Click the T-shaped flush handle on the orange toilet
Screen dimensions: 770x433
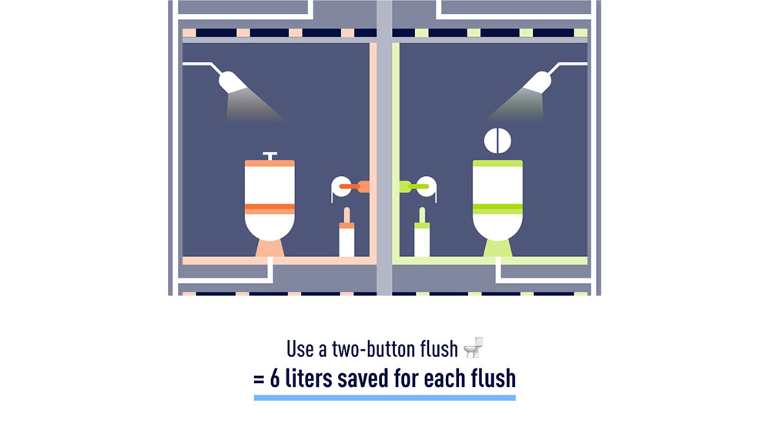point(269,156)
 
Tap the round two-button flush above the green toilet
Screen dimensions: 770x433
point(497,141)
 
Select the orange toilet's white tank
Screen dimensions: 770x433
point(269,185)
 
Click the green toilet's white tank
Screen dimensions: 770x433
point(497,185)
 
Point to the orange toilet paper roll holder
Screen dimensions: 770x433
point(350,188)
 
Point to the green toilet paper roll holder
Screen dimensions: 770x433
point(418,188)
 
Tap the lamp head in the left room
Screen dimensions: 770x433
point(232,82)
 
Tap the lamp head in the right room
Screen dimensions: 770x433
point(537,82)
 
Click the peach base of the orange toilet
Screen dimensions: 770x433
point(269,248)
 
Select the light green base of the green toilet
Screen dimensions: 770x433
point(497,248)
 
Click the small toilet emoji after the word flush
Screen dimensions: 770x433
point(474,348)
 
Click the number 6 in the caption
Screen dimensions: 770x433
point(275,378)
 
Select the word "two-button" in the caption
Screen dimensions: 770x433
point(373,349)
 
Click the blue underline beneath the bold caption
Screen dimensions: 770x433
point(384,398)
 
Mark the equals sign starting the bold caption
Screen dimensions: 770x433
point(259,379)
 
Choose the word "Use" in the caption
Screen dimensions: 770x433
point(300,349)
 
